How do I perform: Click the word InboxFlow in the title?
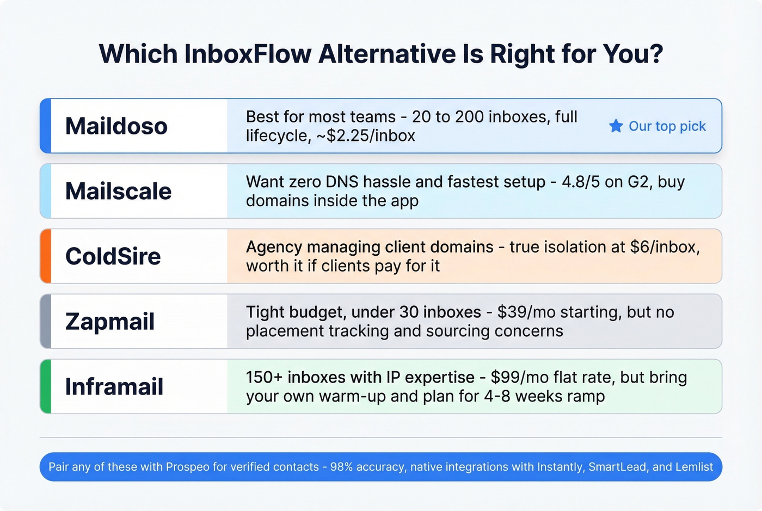[248, 54]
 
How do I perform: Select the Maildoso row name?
[116, 126]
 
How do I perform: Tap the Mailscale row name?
[118, 192]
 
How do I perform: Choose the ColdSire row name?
[113, 256]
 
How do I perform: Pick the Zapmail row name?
[109, 322]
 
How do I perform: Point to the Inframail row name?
[114, 387]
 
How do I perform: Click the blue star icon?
[616, 126]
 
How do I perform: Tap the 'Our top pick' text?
[667, 126]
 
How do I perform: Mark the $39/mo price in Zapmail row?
[526, 312]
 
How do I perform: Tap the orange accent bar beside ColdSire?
[46, 256]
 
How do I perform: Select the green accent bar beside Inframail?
[46, 387]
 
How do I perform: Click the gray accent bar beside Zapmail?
[46, 322]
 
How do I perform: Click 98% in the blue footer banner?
[341, 467]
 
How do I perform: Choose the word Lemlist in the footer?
[693, 467]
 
